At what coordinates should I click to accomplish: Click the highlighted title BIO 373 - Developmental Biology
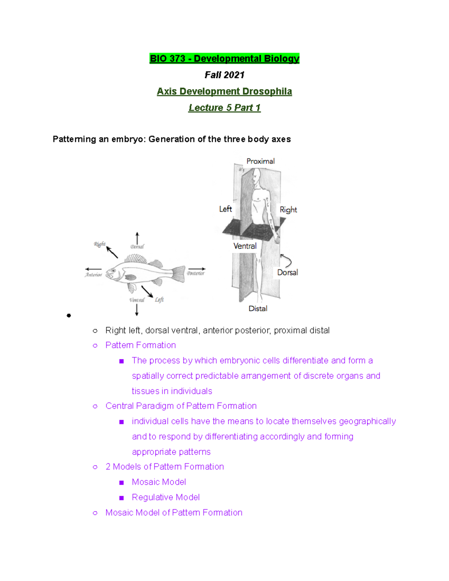(224, 59)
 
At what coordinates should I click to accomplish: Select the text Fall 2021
(224, 75)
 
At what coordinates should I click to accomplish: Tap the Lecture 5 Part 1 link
(224, 108)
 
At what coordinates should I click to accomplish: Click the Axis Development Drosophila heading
(224, 91)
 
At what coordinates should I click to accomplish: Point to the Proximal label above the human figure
(260, 161)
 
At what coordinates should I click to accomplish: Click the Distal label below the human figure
(258, 309)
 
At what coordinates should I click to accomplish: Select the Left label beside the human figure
(226, 209)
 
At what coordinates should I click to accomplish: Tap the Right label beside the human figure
(288, 210)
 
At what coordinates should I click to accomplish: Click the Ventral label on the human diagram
(245, 246)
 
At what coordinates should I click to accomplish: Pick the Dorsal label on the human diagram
(287, 273)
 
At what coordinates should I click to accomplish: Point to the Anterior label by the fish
(94, 275)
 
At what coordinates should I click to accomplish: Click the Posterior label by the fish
(196, 273)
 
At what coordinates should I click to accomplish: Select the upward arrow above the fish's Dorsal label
(137, 238)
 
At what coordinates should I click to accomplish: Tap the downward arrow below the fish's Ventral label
(137, 310)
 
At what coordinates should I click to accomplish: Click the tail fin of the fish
(179, 273)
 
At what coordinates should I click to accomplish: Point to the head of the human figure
(256, 176)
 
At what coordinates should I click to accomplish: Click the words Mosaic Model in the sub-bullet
(159, 482)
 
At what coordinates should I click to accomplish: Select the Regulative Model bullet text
(165, 498)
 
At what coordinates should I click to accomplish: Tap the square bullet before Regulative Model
(121, 498)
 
